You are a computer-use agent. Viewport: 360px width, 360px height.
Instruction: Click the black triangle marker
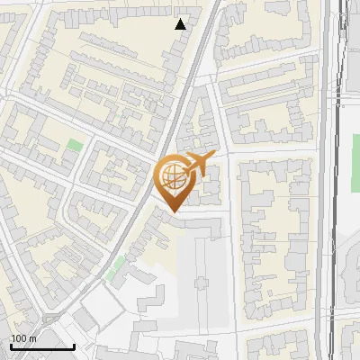click(x=181, y=24)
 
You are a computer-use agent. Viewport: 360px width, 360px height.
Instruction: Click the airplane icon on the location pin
click(x=198, y=164)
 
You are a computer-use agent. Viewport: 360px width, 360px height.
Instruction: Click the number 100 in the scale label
click(x=18, y=338)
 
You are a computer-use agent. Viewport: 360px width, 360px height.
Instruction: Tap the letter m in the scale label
click(x=31, y=338)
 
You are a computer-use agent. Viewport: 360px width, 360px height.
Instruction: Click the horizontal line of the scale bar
click(x=41, y=347)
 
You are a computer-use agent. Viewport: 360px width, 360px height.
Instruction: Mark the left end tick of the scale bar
click(x=10, y=346)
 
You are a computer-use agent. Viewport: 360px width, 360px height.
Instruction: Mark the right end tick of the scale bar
click(x=74, y=346)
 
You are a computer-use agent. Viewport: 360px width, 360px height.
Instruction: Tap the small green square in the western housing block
click(x=74, y=144)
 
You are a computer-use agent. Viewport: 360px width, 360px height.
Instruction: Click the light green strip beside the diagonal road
click(x=115, y=267)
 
